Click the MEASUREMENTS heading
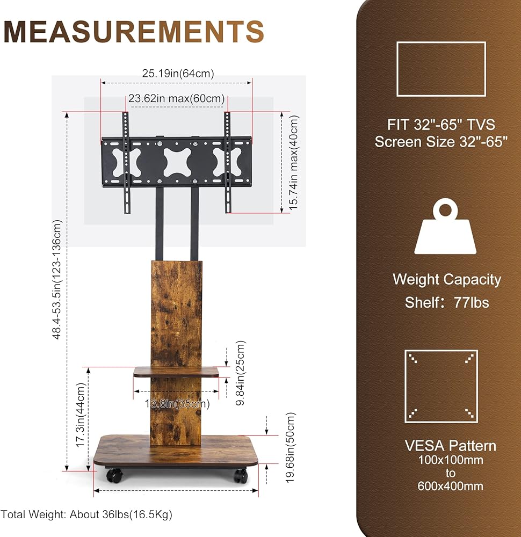134,32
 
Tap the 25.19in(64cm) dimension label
178,73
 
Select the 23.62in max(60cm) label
176,99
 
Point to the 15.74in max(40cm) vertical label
294,163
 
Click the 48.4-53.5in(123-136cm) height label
57,279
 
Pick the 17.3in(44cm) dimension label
80,415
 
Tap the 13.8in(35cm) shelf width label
177,404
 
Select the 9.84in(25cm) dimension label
241,373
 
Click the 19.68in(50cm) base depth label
290,448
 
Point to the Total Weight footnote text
86,514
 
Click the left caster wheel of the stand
114,476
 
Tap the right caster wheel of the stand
241,476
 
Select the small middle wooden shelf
176,372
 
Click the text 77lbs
472,303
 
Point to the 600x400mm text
451,486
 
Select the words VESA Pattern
451,446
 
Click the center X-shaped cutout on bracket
177,162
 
